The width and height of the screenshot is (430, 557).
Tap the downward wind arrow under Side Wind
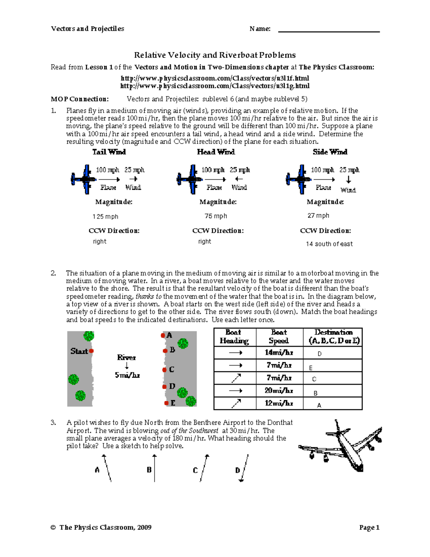[x=348, y=179]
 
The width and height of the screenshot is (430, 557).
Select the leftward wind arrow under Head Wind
[x=239, y=179]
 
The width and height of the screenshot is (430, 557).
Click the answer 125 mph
[x=105, y=217]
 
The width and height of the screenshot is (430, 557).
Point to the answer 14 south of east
[x=329, y=244]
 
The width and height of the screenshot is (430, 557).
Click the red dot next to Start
[x=91, y=351]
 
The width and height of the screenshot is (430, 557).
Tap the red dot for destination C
[x=164, y=369]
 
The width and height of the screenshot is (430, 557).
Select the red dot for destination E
[x=166, y=403]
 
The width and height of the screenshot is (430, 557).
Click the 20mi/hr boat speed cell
[x=279, y=391]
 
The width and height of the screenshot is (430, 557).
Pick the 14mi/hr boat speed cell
[x=279, y=353]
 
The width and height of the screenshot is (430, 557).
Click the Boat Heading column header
[x=234, y=337]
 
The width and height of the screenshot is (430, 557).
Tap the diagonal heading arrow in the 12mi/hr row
[x=236, y=403]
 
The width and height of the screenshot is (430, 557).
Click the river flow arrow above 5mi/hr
[x=126, y=366]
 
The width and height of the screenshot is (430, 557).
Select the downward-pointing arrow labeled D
[x=244, y=468]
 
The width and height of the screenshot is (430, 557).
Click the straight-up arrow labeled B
[x=154, y=468]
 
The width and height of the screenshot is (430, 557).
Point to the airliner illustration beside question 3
[x=340, y=446]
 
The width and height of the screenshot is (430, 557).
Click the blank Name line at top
[x=329, y=30]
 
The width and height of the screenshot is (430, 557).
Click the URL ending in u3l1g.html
[x=215, y=86]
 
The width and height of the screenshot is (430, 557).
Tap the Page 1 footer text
[x=369, y=527]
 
